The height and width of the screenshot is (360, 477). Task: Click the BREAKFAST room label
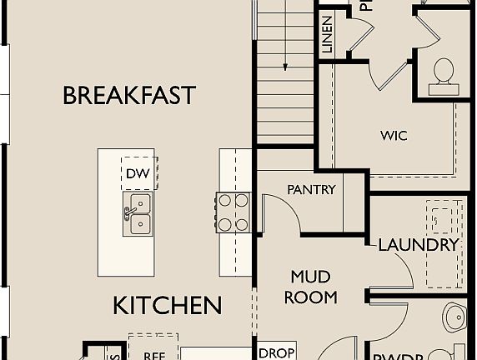[129, 95]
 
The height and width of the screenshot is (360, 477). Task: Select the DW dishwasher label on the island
[138, 173]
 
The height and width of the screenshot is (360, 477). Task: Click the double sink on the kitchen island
[138, 214]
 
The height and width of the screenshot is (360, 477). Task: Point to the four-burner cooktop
[233, 212]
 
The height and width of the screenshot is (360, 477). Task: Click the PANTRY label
[311, 190]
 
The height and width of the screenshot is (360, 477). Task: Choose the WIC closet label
[394, 135]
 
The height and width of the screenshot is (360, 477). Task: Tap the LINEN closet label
[327, 36]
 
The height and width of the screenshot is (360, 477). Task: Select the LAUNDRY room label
[419, 245]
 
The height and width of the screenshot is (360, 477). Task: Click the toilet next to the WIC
[444, 74]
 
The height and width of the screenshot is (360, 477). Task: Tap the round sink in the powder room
[455, 317]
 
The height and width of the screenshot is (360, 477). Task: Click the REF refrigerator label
[153, 354]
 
